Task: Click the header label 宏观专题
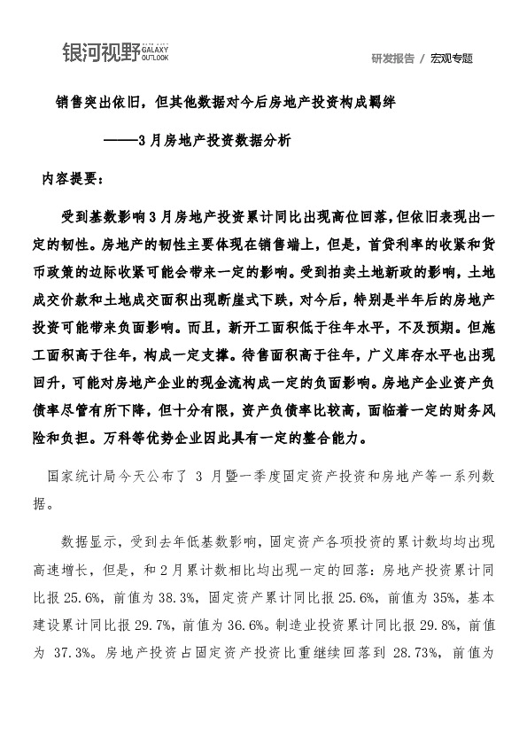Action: click(x=452, y=58)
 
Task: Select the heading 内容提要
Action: click(x=73, y=178)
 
